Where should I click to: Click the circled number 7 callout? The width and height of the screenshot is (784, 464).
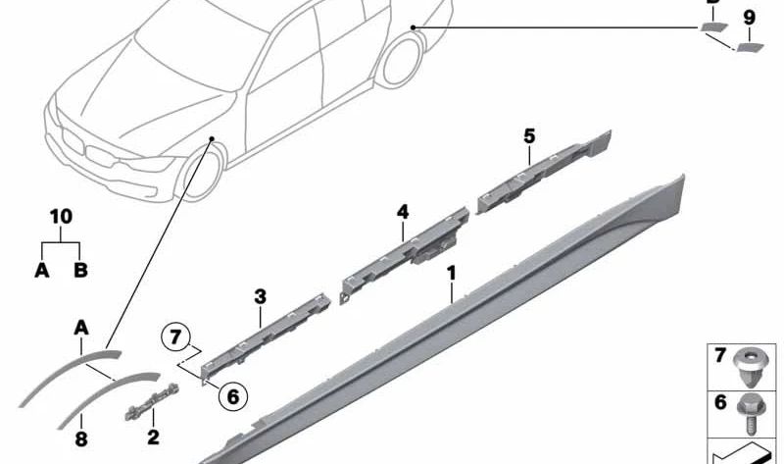tap(175, 336)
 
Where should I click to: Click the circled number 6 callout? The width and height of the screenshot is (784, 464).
tap(233, 396)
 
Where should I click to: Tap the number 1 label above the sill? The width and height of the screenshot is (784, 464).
tap(452, 274)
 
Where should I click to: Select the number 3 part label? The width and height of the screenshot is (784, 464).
tap(260, 297)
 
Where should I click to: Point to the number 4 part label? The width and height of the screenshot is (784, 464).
tap(403, 212)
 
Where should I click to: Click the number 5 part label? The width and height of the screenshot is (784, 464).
tap(529, 136)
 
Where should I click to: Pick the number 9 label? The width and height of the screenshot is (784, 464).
tap(749, 18)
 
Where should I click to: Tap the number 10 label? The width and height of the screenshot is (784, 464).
tap(61, 217)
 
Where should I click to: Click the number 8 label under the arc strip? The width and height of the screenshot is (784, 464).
tap(81, 439)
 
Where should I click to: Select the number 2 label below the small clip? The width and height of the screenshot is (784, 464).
tap(153, 437)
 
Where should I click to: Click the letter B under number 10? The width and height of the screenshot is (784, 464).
tap(80, 271)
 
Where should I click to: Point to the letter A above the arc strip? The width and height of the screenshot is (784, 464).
tap(81, 329)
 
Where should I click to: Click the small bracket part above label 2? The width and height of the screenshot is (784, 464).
tap(152, 401)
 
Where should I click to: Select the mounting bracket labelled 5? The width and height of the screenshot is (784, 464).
tap(544, 172)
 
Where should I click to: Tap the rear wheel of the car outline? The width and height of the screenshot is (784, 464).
tap(401, 61)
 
